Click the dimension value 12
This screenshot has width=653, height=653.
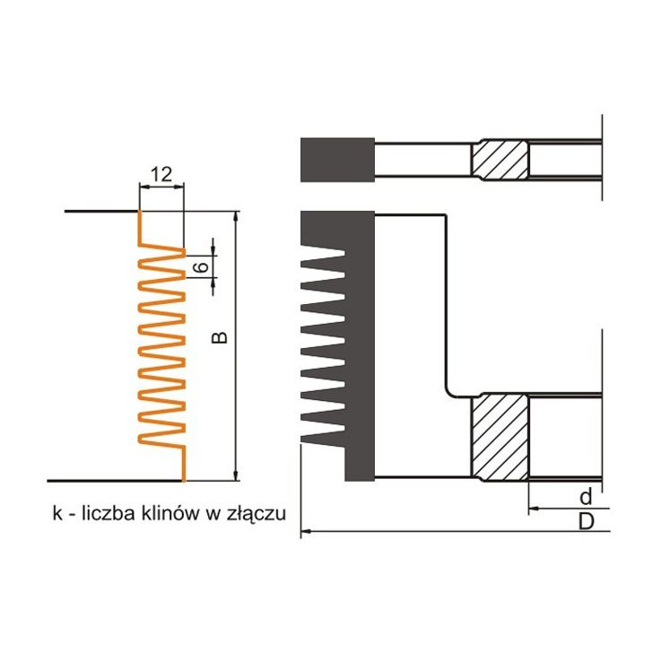click(161, 175)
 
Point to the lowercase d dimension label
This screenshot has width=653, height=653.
click(585, 496)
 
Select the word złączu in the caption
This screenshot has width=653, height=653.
click(259, 514)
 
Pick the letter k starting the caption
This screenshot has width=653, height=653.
click(57, 513)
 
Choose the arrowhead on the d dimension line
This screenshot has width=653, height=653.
click(535, 508)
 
